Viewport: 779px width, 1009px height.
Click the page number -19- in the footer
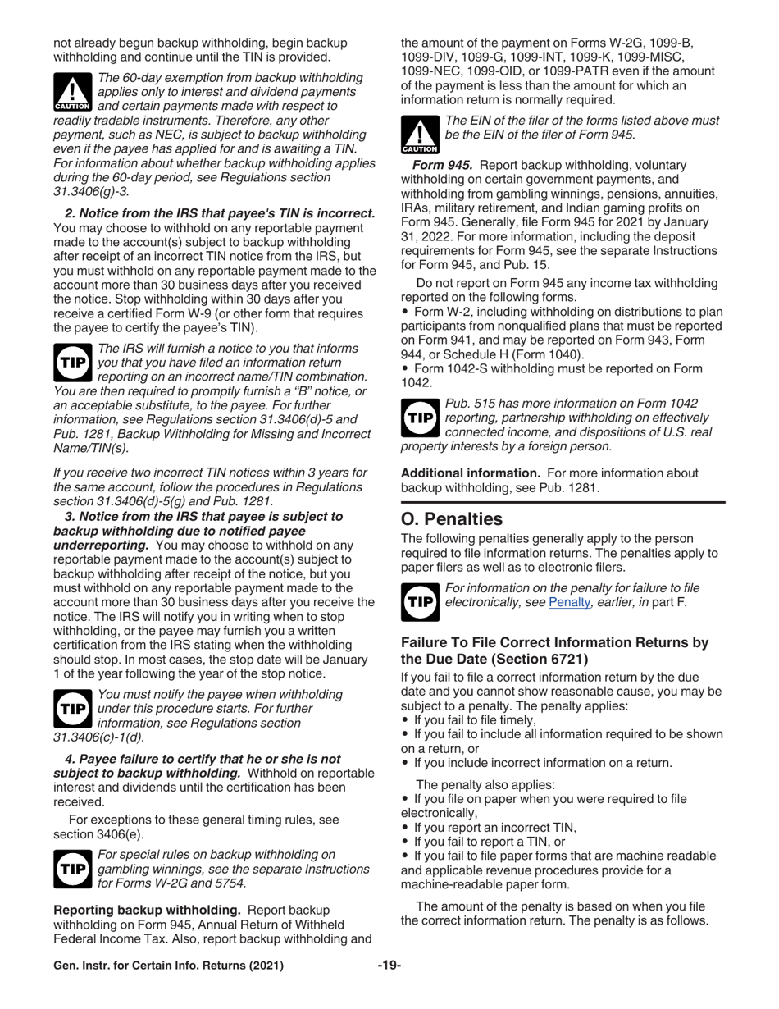click(389, 966)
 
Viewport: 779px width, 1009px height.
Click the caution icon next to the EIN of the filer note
click(419, 135)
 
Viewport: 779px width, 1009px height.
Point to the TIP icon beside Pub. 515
click(419, 418)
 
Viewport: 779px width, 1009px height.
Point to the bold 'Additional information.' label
click(470, 473)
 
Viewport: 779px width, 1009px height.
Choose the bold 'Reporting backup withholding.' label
click(147, 910)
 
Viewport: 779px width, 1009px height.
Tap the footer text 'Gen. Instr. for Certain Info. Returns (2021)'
click(168, 966)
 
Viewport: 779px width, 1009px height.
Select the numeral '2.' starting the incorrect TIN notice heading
click(70, 213)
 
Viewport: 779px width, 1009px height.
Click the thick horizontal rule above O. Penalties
click(563, 501)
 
